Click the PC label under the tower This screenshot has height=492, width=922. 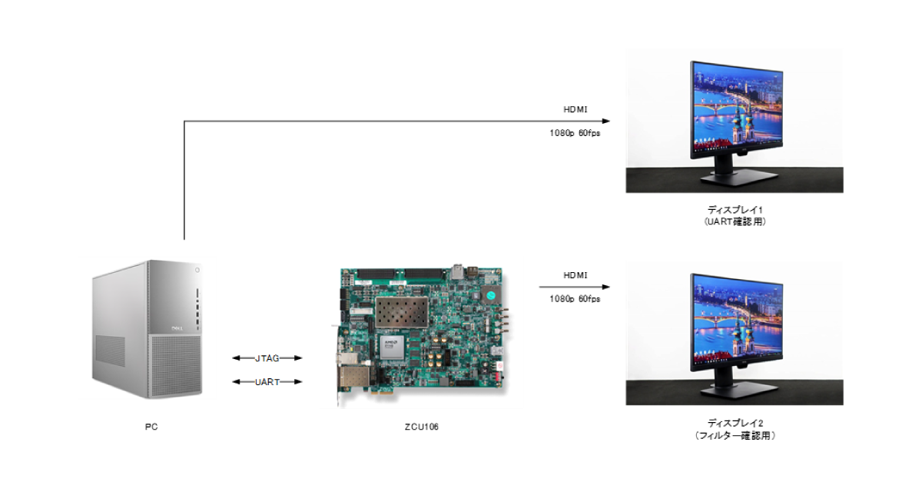pyautogui.click(x=151, y=427)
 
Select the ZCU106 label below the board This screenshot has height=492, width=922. pyautogui.click(x=421, y=427)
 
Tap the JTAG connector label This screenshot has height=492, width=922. pyautogui.click(x=267, y=358)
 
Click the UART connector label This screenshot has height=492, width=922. pyautogui.click(x=267, y=382)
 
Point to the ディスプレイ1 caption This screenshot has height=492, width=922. pyautogui.click(x=735, y=209)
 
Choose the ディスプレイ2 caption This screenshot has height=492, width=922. pyautogui.click(x=735, y=423)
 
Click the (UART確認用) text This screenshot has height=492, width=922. pyautogui.click(x=735, y=222)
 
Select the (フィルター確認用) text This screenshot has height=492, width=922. pyautogui.click(x=735, y=436)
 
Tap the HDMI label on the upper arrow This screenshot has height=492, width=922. pyautogui.click(x=575, y=109)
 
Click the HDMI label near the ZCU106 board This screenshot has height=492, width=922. pyautogui.click(x=575, y=275)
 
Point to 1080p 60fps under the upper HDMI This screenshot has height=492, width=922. pyautogui.click(x=575, y=132)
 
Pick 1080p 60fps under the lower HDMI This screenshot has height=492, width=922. pyautogui.click(x=575, y=298)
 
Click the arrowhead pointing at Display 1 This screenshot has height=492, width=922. pyautogui.click(x=605, y=121)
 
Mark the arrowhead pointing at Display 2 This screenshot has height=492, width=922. pyautogui.click(x=605, y=287)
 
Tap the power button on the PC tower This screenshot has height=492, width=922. pyautogui.click(x=197, y=270)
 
